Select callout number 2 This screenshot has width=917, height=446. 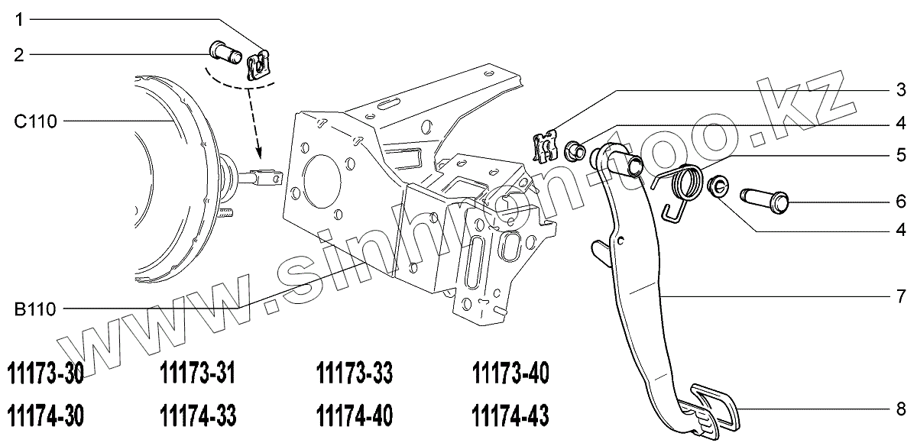point(19,54)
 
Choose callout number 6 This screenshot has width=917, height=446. point(902,202)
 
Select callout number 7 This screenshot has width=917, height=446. point(902,295)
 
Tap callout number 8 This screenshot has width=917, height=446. point(902,408)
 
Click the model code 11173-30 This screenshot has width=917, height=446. point(44,374)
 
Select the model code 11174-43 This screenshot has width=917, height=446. point(510,416)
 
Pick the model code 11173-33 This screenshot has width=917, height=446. point(354,374)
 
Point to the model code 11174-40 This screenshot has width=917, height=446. point(354,416)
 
